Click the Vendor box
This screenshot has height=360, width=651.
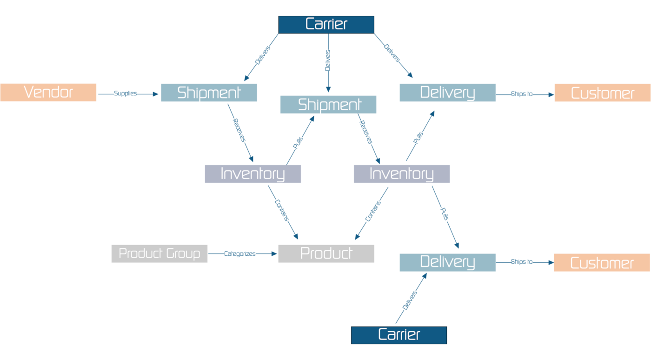coord(48,92)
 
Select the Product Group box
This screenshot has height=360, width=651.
coord(159,253)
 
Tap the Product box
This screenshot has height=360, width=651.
coord(326,253)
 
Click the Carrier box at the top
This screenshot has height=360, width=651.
coord(326,25)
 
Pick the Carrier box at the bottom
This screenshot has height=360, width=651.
coord(399,335)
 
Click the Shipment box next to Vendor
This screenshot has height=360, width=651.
coord(209,93)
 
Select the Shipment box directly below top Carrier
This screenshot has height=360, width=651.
coord(328,105)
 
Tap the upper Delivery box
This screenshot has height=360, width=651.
coord(447,93)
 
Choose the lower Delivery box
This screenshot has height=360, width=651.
coord(447,262)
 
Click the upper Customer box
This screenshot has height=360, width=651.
coord(602,93)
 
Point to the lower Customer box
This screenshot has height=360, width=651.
coord(602,263)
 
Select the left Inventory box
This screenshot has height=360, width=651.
coord(252,174)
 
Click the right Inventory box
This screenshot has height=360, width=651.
coord(401,174)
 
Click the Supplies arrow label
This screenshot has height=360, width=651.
coord(125,93)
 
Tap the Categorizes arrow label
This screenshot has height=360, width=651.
coord(239,254)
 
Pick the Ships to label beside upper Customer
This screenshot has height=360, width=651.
coord(521,94)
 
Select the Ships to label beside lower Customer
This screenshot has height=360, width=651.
coord(521,262)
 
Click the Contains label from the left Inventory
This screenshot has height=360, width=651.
coord(282,210)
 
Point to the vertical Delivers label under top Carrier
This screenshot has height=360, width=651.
coord(328,60)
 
